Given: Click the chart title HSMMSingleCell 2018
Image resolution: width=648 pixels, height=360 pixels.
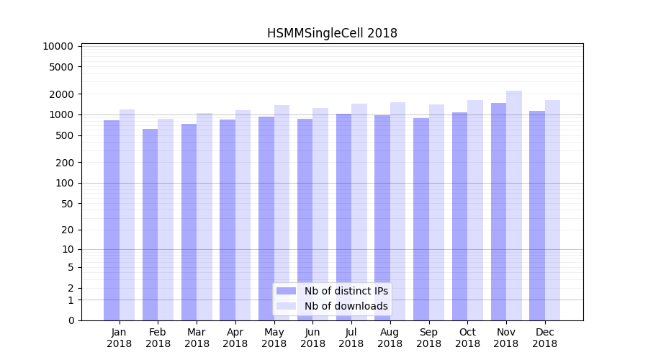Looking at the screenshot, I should pos(332,33).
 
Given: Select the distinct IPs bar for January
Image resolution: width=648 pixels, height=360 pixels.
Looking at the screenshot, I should pos(112,220).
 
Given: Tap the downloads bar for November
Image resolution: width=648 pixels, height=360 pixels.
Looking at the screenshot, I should pos(514,205).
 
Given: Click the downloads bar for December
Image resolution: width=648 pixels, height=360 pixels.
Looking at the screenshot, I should pos(552,210).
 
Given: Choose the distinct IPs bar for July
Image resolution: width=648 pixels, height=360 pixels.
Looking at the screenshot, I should pos(343,217).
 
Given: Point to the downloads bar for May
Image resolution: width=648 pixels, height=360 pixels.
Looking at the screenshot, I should pos(282,212).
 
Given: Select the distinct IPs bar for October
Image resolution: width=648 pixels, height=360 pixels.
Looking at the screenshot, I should pos(459,216).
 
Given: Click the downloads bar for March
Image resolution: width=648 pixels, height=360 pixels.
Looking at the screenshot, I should pos(204,217).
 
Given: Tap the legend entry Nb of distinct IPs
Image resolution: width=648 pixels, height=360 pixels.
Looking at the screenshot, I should pos(346,291).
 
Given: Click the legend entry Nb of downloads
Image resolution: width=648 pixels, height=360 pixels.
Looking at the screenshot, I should pos(346,306).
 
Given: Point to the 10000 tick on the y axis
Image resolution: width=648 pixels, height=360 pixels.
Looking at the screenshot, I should pos(58,46).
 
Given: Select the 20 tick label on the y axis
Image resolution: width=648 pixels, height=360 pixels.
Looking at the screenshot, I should pos(67,230).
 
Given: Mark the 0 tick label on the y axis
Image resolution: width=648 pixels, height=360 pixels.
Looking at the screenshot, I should pos(71,320).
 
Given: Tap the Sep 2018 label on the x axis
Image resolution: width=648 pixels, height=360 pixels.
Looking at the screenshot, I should pos(428,338).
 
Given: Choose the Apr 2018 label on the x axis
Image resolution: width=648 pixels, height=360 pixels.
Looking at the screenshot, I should pos(235,338).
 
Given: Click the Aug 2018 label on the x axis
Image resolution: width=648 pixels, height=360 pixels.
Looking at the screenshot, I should pos(390,338).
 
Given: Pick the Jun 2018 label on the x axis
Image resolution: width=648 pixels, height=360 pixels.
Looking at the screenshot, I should pos(312,338).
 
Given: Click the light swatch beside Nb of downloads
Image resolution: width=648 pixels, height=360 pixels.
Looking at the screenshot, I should pos(287,306).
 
